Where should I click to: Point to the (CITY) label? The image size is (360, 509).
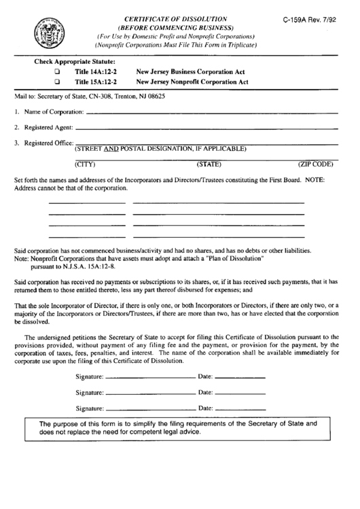(x=86, y=164)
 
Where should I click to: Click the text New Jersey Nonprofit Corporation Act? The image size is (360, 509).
(x=192, y=82)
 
